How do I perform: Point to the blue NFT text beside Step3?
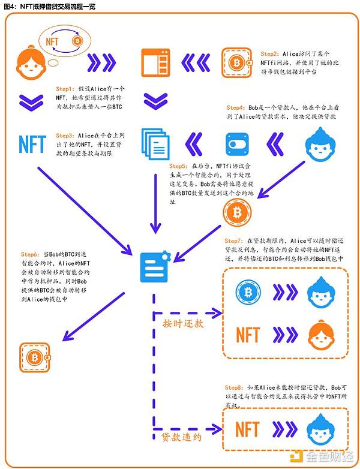click(x=32, y=144)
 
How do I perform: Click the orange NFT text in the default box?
click(x=247, y=429)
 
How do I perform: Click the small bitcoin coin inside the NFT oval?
click(x=77, y=41)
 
